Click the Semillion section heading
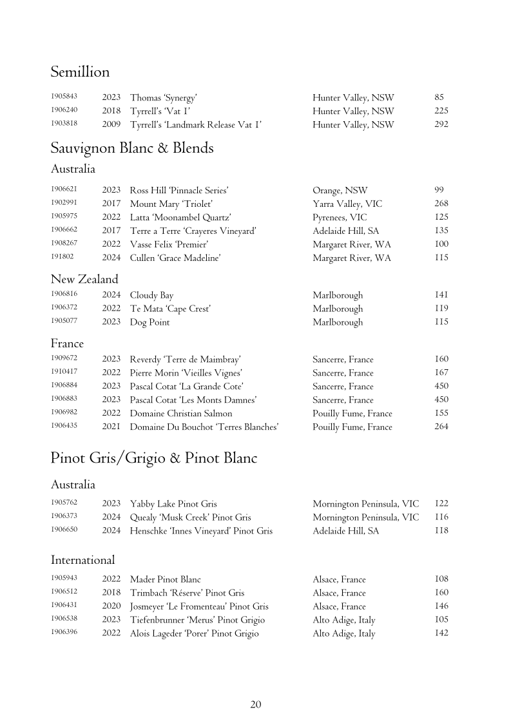pyautogui.click(x=80, y=72)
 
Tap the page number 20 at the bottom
pyautogui.click(x=255, y=704)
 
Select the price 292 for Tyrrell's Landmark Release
pyautogui.click(x=441, y=124)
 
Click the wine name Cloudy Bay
pyautogui.click(x=151, y=295)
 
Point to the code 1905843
pyautogui.click(x=64, y=97)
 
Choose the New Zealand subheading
pyautogui.click(x=84, y=279)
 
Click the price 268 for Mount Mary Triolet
pyautogui.click(x=441, y=204)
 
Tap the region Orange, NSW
pyautogui.click(x=340, y=190)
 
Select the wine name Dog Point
pyautogui.click(x=149, y=322)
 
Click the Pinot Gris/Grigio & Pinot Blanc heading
pyautogui.click(x=154, y=458)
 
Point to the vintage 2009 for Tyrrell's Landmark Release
pyautogui.click(x=111, y=124)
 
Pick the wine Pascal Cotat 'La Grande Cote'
pyautogui.click(x=187, y=387)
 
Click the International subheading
pyautogui.click(x=82, y=559)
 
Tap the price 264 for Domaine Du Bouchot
pyautogui.click(x=441, y=427)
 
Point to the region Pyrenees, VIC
pyautogui.click(x=340, y=217)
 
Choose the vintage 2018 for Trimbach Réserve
pyautogui.click(x=111, y=593)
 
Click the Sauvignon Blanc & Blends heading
pyautogui.click(x=132, y=148)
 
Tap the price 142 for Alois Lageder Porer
pyautogui.click(x=441, y=633)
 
